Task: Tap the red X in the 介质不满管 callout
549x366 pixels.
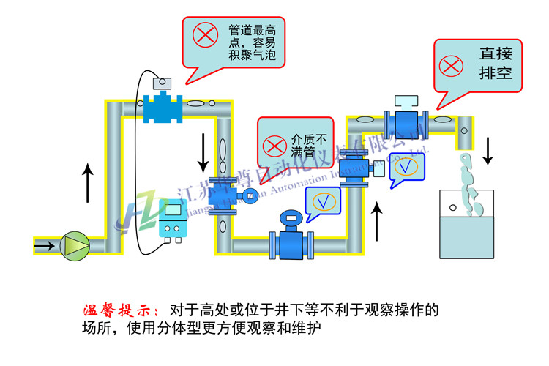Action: click(x=275, y=146)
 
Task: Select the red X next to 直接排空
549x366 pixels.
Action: click(x=453, y=64)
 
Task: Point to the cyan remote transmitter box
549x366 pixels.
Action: click(x=173, y=220)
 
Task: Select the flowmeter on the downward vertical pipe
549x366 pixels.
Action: click(x=226, y=193)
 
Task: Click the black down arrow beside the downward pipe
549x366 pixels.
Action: click(x=201, y=151)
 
